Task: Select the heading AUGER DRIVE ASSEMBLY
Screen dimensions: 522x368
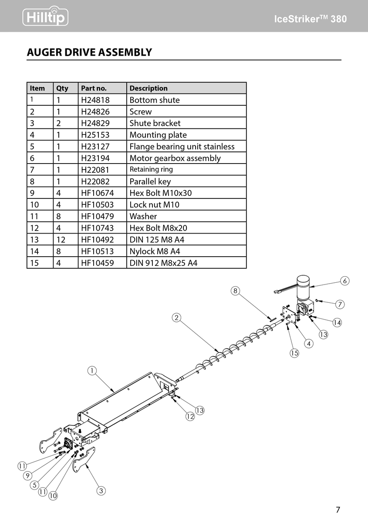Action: (89, 53)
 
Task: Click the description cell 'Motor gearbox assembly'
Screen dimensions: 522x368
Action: (175, 158)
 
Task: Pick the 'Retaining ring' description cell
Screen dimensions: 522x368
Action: (151, 170)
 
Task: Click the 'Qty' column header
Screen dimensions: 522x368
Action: (62, 88)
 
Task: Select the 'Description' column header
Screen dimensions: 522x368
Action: (149, 88)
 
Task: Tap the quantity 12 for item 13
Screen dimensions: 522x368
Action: (61, 240)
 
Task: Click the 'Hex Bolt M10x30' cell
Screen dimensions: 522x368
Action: (160, 193)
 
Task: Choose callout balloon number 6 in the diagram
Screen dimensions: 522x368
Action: (344, 281)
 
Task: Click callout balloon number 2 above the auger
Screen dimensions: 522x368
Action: (176, 318)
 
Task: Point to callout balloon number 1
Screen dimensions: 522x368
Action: (91, 371)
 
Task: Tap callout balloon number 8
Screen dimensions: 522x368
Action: (235, 291)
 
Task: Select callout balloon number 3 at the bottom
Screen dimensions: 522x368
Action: (101, 491)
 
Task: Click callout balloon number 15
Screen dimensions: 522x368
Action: (294, 353)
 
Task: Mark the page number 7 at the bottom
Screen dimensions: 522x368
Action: (338, 510)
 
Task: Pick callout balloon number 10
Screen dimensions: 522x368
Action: (53, 495)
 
